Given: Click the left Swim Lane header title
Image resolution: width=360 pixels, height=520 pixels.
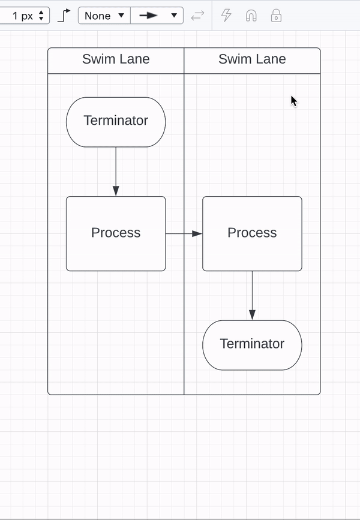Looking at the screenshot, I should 116,59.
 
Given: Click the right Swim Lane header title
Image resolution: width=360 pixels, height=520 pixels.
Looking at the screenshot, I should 252,59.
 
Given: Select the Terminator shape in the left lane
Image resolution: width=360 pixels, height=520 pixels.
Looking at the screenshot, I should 116,122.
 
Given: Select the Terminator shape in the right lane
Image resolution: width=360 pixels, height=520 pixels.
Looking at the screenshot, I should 252,345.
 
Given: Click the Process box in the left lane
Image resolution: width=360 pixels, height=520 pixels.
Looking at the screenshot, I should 116,233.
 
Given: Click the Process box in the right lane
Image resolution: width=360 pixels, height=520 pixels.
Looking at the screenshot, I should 252,233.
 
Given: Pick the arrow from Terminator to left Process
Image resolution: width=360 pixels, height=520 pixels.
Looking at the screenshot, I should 116,170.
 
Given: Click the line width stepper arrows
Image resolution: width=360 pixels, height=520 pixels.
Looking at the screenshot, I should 41,16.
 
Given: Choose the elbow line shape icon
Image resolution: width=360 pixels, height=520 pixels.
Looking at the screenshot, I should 64,16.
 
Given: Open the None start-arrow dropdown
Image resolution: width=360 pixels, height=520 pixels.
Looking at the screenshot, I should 104,16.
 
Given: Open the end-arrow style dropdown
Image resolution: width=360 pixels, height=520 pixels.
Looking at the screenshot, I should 157,16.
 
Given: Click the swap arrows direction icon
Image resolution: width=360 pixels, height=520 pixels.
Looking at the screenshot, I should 197,16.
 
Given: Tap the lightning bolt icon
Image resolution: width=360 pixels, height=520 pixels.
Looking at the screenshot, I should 226,16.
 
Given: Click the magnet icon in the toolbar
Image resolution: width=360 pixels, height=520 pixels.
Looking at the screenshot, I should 251,16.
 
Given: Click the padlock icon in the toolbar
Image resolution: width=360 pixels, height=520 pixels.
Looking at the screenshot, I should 276,16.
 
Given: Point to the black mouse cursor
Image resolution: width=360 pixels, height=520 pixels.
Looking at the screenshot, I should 293,101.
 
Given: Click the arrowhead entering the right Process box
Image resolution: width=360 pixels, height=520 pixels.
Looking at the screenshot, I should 197,233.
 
